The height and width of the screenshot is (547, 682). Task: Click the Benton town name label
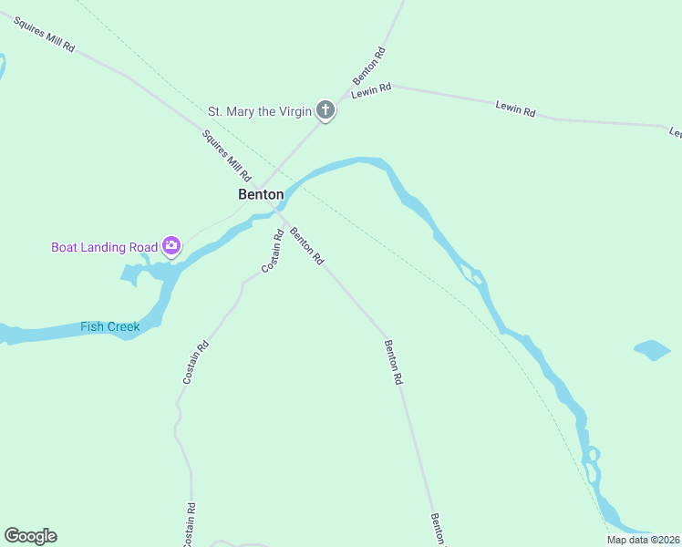tap(261, 194)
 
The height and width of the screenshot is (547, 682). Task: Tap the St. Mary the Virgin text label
tap(260, 111)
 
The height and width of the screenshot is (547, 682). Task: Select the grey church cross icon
tap(325, 111)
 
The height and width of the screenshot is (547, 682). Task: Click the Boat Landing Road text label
tap(103, 246)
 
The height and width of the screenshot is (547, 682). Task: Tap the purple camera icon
tap(170, 245)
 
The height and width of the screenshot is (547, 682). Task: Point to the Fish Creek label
tap(110, 326)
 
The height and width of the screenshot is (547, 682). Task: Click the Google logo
tap(30, 536)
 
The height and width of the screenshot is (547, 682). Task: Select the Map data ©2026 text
tap(644, 540)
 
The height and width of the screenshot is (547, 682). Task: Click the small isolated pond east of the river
tap(652, 350)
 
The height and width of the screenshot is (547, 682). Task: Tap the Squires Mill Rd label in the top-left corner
tap(44, 34)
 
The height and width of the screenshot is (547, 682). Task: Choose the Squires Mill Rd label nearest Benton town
tap(226, 155)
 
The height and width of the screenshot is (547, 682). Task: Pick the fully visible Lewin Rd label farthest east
tap(515, 108)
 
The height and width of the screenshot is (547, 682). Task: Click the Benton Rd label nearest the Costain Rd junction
tap(306, 245)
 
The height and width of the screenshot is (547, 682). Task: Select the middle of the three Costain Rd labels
tap(196, 362)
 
